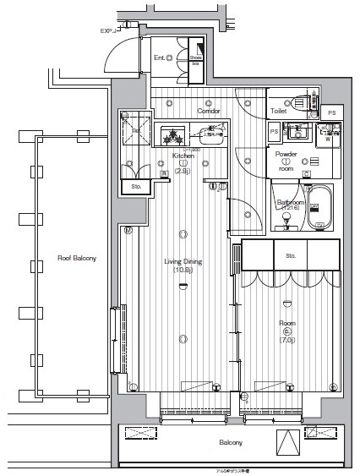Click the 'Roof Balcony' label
point(76,258)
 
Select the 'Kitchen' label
point(183,156)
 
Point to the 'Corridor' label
point(209,112)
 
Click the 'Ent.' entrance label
point(159,57)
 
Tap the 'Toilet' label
point(279,111)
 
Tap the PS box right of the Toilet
point(332,112)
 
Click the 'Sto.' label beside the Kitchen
point(135,186)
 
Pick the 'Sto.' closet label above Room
point(291,254)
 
